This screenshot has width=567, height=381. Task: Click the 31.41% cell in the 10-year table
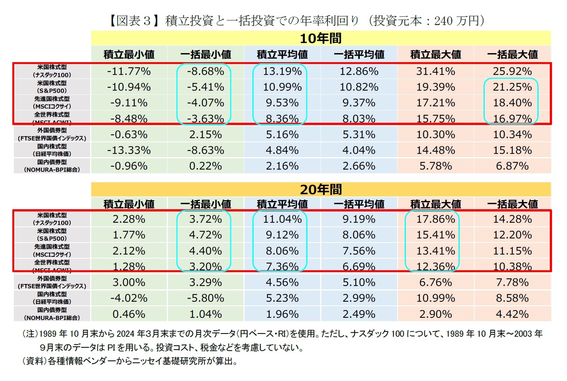435,71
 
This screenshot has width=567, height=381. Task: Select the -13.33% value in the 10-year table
129,150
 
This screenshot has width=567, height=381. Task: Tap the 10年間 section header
321,38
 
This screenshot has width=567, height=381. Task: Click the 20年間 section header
321,189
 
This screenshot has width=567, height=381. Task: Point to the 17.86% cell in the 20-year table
435,219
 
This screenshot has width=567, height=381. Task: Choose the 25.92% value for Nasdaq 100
512,71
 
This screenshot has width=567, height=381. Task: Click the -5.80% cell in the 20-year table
205,298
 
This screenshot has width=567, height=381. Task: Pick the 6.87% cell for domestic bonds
512,166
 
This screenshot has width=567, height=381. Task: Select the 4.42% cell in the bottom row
512,314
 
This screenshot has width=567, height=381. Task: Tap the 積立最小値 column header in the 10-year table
129,55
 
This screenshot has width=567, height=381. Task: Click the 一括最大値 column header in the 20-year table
512,204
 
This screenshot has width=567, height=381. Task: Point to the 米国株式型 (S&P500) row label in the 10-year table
52,87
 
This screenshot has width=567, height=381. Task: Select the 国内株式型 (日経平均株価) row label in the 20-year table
52,298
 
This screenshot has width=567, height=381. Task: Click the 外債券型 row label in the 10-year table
52,134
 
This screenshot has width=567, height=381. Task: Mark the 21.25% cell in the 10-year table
512,87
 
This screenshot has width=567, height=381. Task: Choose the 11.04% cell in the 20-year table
282,219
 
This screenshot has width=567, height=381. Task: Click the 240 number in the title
443,21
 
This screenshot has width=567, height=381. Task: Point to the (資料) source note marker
34,361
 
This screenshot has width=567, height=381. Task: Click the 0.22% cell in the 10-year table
205,166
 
